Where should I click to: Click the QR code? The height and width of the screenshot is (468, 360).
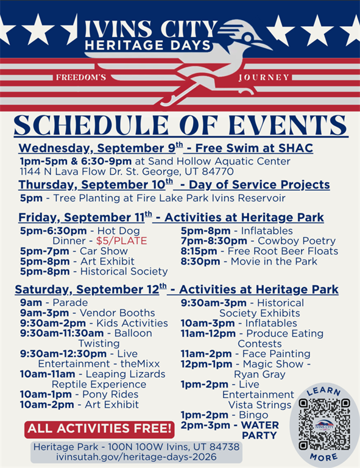[x=324, y=424]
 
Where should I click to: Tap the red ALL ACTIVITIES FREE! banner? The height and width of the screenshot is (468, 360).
[x=100, y=429]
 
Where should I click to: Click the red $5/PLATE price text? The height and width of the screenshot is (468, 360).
[x=121, y=241]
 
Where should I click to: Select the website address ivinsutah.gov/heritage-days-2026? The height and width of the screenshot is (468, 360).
[x=136, y=457]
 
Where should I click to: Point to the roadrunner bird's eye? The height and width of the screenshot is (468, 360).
[x=247, y=38]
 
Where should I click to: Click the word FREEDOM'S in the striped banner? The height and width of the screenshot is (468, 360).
[x=81, y=77]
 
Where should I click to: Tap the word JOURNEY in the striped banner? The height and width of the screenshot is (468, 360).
[x=264, y=77]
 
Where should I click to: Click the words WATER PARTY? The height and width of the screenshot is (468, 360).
[x=259, y=430]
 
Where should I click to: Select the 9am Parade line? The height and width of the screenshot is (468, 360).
[x=54, y=303]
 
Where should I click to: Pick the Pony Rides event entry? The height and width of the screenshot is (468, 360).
[x=79, y=394]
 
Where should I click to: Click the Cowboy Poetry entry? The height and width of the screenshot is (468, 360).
[x=258, y=241]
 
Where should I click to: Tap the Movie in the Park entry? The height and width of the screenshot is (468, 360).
[x=249, y=261]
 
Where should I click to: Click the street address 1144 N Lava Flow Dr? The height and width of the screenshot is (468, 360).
[x=79, y=172]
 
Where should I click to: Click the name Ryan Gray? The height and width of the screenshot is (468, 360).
[x=259, y=374]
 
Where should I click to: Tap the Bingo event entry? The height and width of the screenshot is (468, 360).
[x=224, y=415]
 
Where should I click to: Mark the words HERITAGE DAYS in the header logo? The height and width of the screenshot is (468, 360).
[x=148, y=45]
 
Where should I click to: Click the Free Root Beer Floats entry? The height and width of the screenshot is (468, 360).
[x=259, y=251]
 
